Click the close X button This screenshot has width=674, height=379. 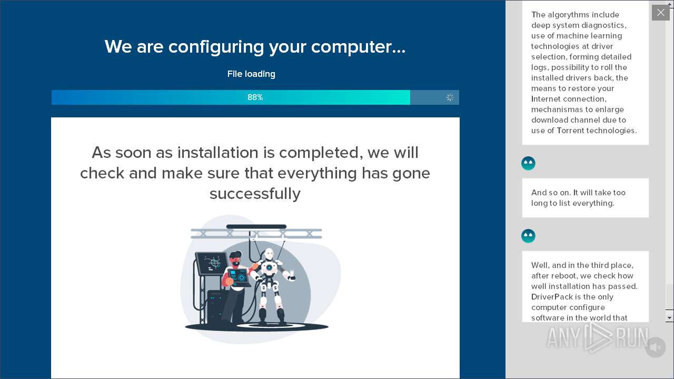click(x=660, y=13)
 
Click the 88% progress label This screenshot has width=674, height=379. click(x=255, y=97)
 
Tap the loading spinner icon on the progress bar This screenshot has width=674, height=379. click(x=450, y=97)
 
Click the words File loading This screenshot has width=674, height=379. click(x=251, y=74)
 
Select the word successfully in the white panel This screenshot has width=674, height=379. click(x=255, y=193)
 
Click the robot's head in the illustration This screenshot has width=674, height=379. click(x=269, y=254)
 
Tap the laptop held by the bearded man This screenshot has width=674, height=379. click(x=239, y=277)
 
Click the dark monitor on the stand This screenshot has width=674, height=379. click(x=212, y=263)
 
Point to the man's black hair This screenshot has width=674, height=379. click(x=235, y=254)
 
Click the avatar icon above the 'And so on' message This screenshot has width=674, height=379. click(x=528, y=163)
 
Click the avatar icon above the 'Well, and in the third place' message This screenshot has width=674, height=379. click(x=528, y=236)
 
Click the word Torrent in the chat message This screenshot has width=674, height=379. click(x=570, y=131)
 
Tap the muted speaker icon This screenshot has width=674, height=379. click(x=656, y=347)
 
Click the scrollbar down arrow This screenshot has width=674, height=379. click(x=669, y=317)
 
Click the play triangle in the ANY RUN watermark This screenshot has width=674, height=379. click(x=597, y=337)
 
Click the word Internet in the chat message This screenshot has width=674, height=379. click(x=545, y=99)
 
